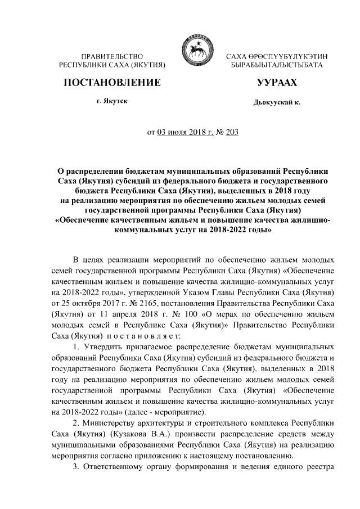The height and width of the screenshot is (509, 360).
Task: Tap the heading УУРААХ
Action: point(276,83)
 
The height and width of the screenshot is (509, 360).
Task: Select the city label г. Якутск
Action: point(111,102)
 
